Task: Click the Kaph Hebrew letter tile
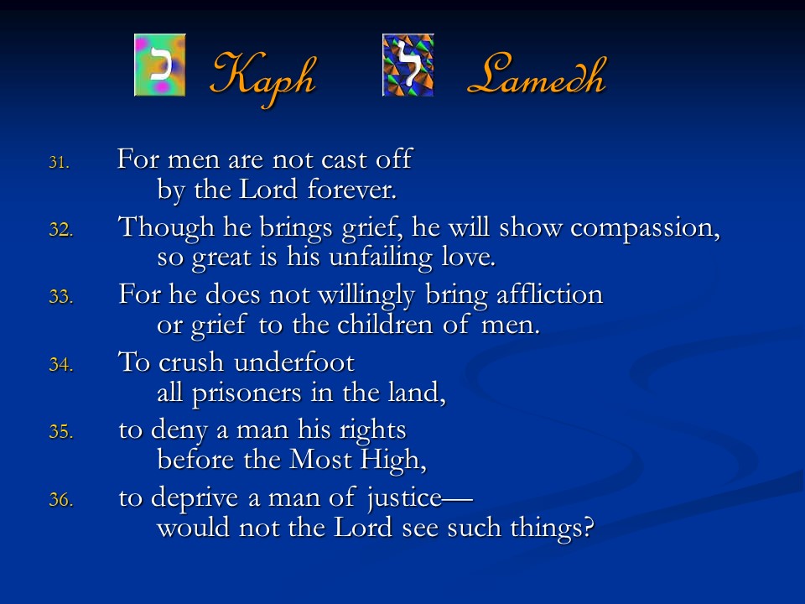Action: point(159,65)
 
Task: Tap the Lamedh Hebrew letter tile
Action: point(408,65)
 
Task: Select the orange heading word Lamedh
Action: point(537,75)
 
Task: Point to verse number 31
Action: point(59,163)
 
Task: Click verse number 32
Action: point(60,230)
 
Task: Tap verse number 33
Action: point(60,297)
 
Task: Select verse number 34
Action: point(60,365)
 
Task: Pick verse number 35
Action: point(60,431)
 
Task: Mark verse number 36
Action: point(60,499)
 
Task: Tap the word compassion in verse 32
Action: point(646,228)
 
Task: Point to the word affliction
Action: point(550,294)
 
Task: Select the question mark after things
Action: point(589,528)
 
